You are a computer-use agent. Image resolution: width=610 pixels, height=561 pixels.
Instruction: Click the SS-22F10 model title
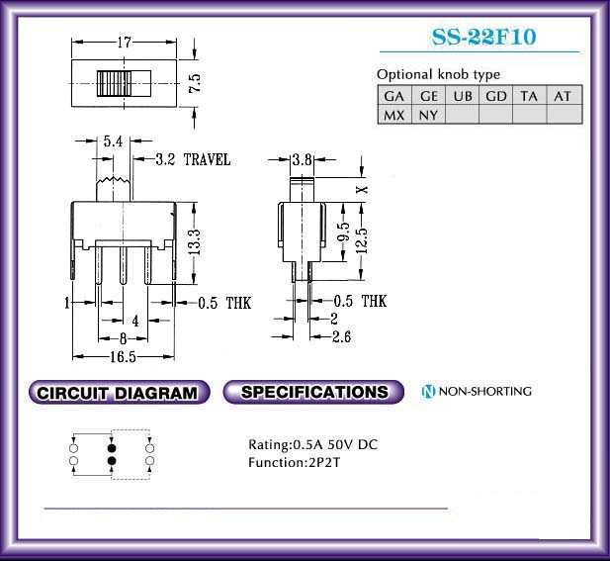484,37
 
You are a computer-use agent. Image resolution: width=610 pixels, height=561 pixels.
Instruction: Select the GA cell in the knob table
394,96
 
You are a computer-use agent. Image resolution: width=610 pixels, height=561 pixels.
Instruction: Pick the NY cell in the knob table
428,115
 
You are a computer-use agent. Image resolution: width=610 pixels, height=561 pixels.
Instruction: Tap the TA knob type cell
529,96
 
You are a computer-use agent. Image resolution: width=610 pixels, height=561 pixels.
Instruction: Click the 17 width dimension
125,42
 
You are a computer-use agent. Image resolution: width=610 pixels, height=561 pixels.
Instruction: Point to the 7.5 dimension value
195,82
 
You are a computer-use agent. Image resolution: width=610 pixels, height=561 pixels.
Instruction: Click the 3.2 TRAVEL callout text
193,159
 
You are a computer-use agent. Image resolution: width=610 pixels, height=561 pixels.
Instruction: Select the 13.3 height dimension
195,242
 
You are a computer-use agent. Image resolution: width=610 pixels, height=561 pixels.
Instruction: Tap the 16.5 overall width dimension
123,356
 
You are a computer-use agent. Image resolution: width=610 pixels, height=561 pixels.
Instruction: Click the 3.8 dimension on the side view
303,159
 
